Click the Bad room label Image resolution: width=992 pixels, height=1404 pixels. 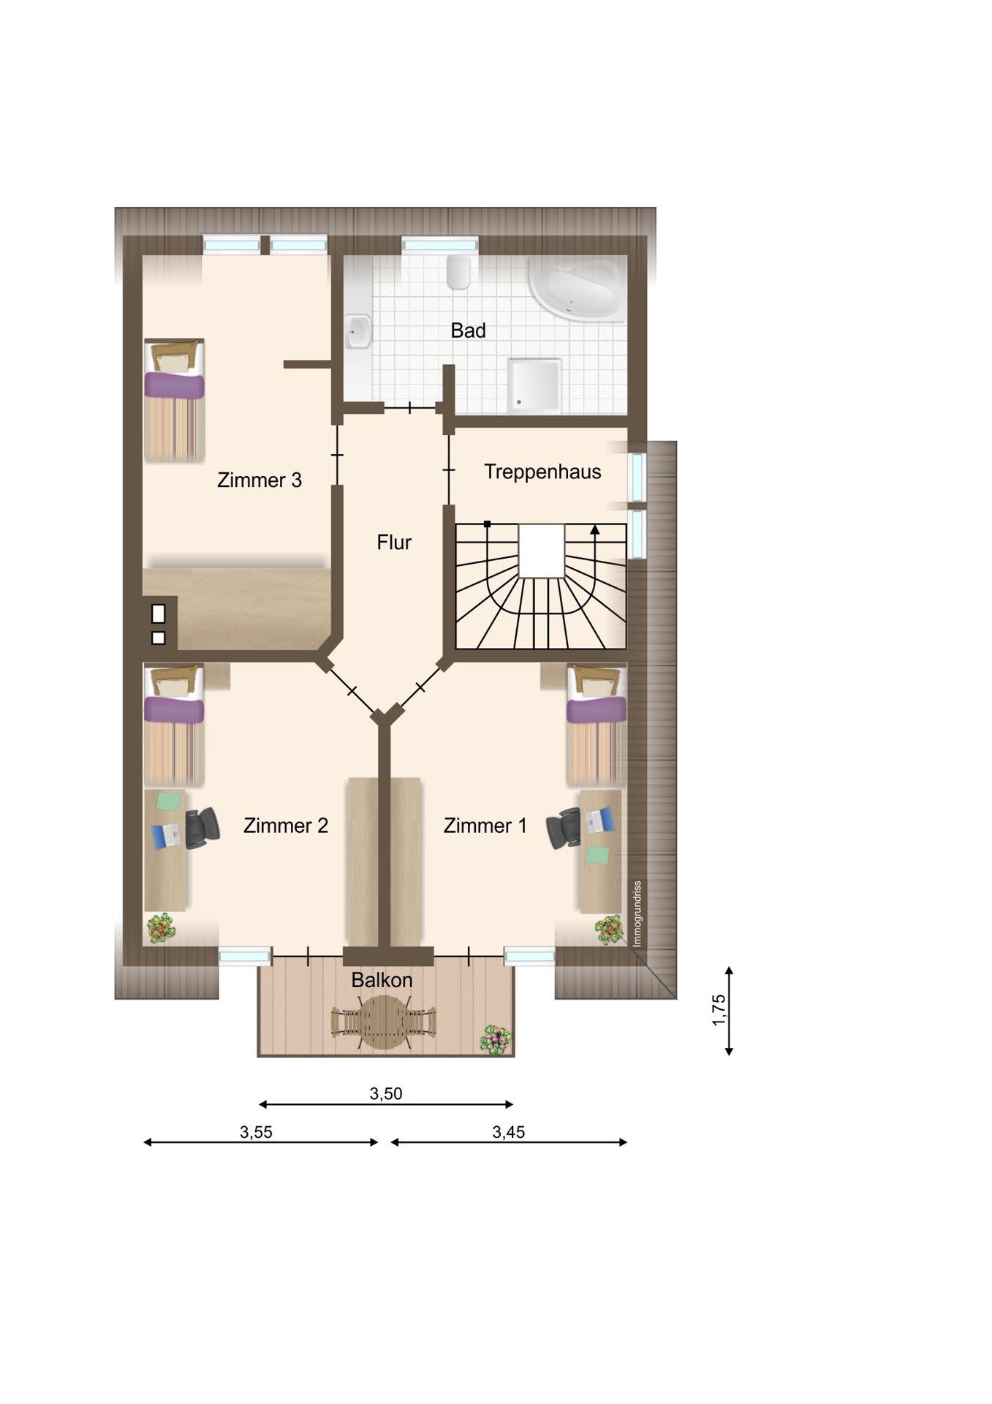pos(468,331)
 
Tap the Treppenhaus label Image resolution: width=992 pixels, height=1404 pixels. pos(542,472)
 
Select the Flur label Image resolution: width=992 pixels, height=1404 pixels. pos(394,542)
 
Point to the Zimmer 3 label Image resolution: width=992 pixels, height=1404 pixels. pos(260,480)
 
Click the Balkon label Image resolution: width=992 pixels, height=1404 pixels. pos(382,980)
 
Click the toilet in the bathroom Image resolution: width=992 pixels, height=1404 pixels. pos(458,271)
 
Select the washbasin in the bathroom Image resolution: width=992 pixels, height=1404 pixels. pos(358,331)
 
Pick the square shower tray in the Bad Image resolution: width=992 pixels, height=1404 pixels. pos(535,384)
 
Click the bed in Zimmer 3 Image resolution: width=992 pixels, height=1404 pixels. pos(174,400)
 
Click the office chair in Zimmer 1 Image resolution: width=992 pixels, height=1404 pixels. pos(564,828)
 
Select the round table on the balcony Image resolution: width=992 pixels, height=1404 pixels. pos(383,1022)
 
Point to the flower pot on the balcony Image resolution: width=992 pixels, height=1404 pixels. pos(496,1039)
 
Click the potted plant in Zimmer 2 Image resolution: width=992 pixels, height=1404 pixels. pos(161,928)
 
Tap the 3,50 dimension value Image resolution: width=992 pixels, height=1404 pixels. pos(386,1094)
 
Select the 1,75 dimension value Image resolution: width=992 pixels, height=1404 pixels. pos(719,1010)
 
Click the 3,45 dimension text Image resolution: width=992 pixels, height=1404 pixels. pos(509,1133)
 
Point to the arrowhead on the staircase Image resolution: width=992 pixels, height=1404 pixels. pos(595,529)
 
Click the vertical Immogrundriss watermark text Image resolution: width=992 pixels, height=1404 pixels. pos(637,914)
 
